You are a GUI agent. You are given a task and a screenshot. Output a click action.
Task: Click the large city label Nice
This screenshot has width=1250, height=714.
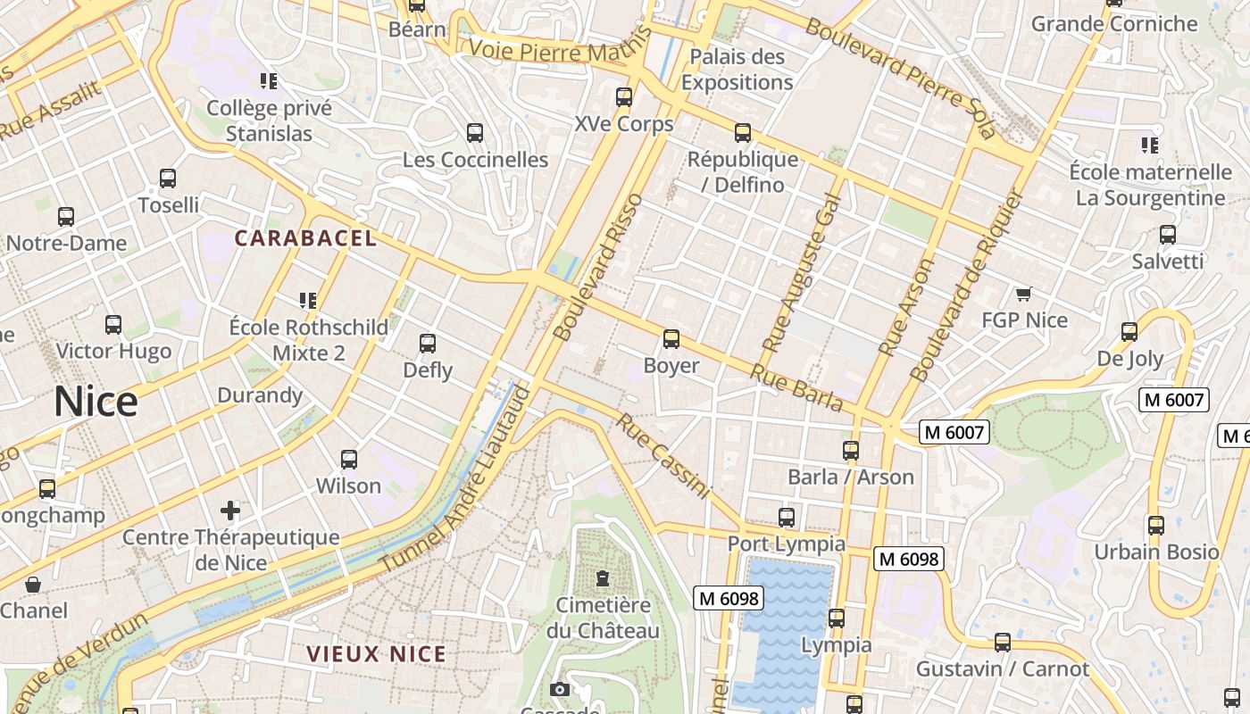[96, 403]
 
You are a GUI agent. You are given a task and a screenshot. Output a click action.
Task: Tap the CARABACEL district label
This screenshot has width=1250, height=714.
[305, 238]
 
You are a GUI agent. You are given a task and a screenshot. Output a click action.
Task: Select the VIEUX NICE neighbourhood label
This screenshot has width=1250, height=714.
[376, 654]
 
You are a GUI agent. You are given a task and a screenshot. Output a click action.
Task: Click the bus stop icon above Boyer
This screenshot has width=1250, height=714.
[671, 339]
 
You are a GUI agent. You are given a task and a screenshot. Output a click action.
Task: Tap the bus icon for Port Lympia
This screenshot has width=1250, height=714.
[787, 518]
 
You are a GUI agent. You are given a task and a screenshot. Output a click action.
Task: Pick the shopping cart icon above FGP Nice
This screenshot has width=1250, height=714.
[1024, 294]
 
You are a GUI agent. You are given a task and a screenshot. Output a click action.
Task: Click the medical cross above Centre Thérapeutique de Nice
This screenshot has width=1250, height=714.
[230, 511]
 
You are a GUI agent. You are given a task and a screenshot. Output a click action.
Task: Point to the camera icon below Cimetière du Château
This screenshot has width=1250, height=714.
[560, 689]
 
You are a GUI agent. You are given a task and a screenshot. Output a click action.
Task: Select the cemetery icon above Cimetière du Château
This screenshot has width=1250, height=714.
[603, 578]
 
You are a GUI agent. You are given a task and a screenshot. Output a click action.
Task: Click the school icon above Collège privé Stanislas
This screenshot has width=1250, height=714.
[269, 81]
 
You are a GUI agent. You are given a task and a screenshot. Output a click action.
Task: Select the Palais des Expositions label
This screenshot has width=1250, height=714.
[737, 70]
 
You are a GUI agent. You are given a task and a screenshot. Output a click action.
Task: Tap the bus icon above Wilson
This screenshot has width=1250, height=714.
[349, 460]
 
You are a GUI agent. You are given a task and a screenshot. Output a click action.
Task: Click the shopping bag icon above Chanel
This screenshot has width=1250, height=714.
[33, 585]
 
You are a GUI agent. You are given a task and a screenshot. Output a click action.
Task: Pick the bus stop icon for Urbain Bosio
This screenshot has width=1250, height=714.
[1156, 526]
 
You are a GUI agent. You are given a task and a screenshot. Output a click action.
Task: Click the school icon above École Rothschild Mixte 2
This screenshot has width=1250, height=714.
[309, 301]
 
